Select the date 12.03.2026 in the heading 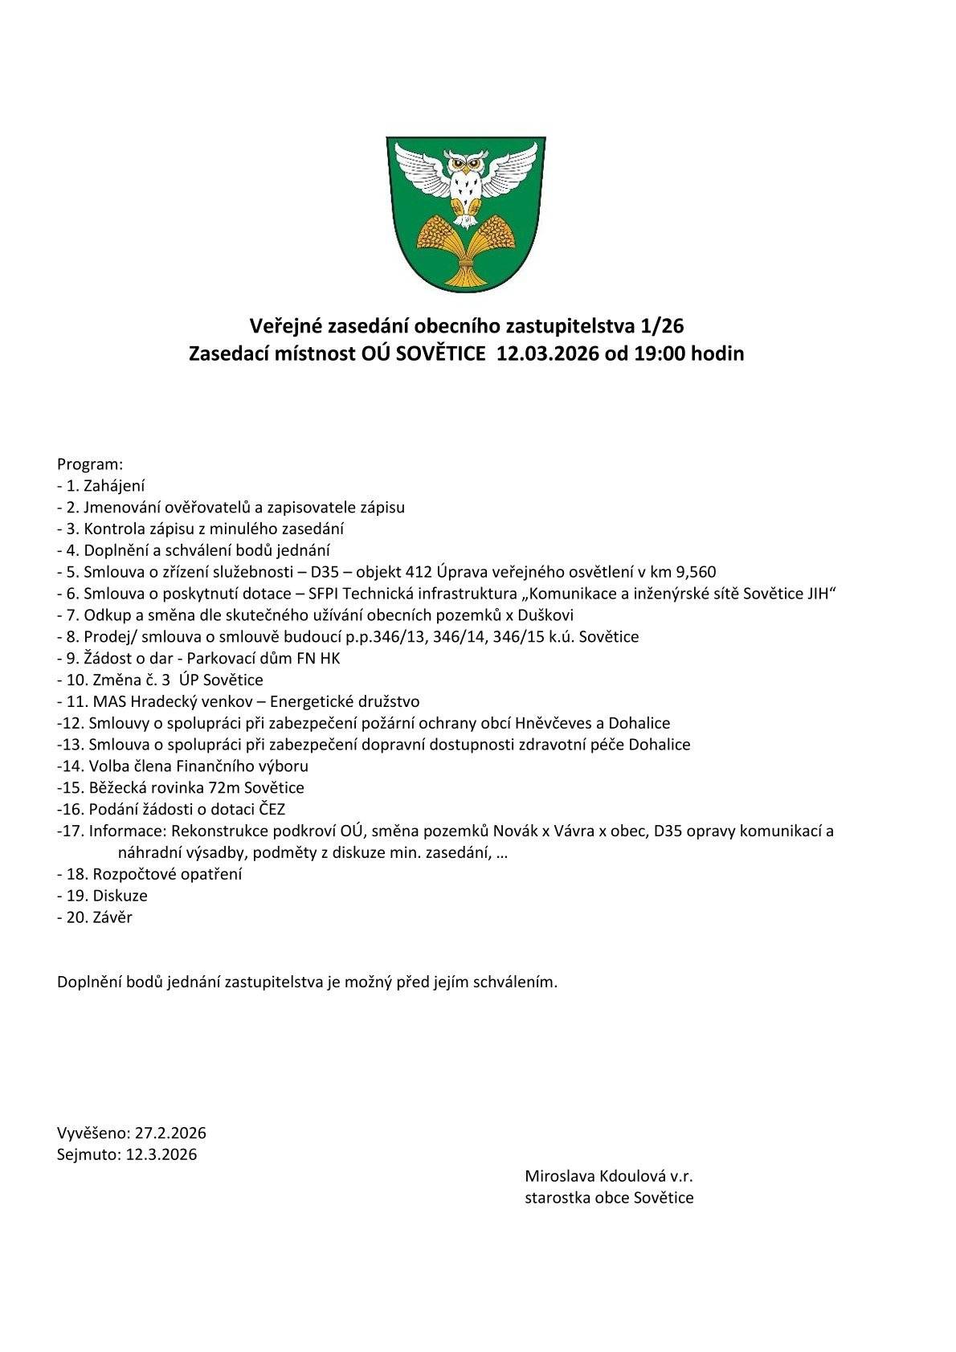click(548, 353)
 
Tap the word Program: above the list click(90, 464)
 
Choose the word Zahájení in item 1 click(114, 486)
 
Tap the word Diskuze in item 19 click(120, 896)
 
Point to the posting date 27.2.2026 click(170, 1133)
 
